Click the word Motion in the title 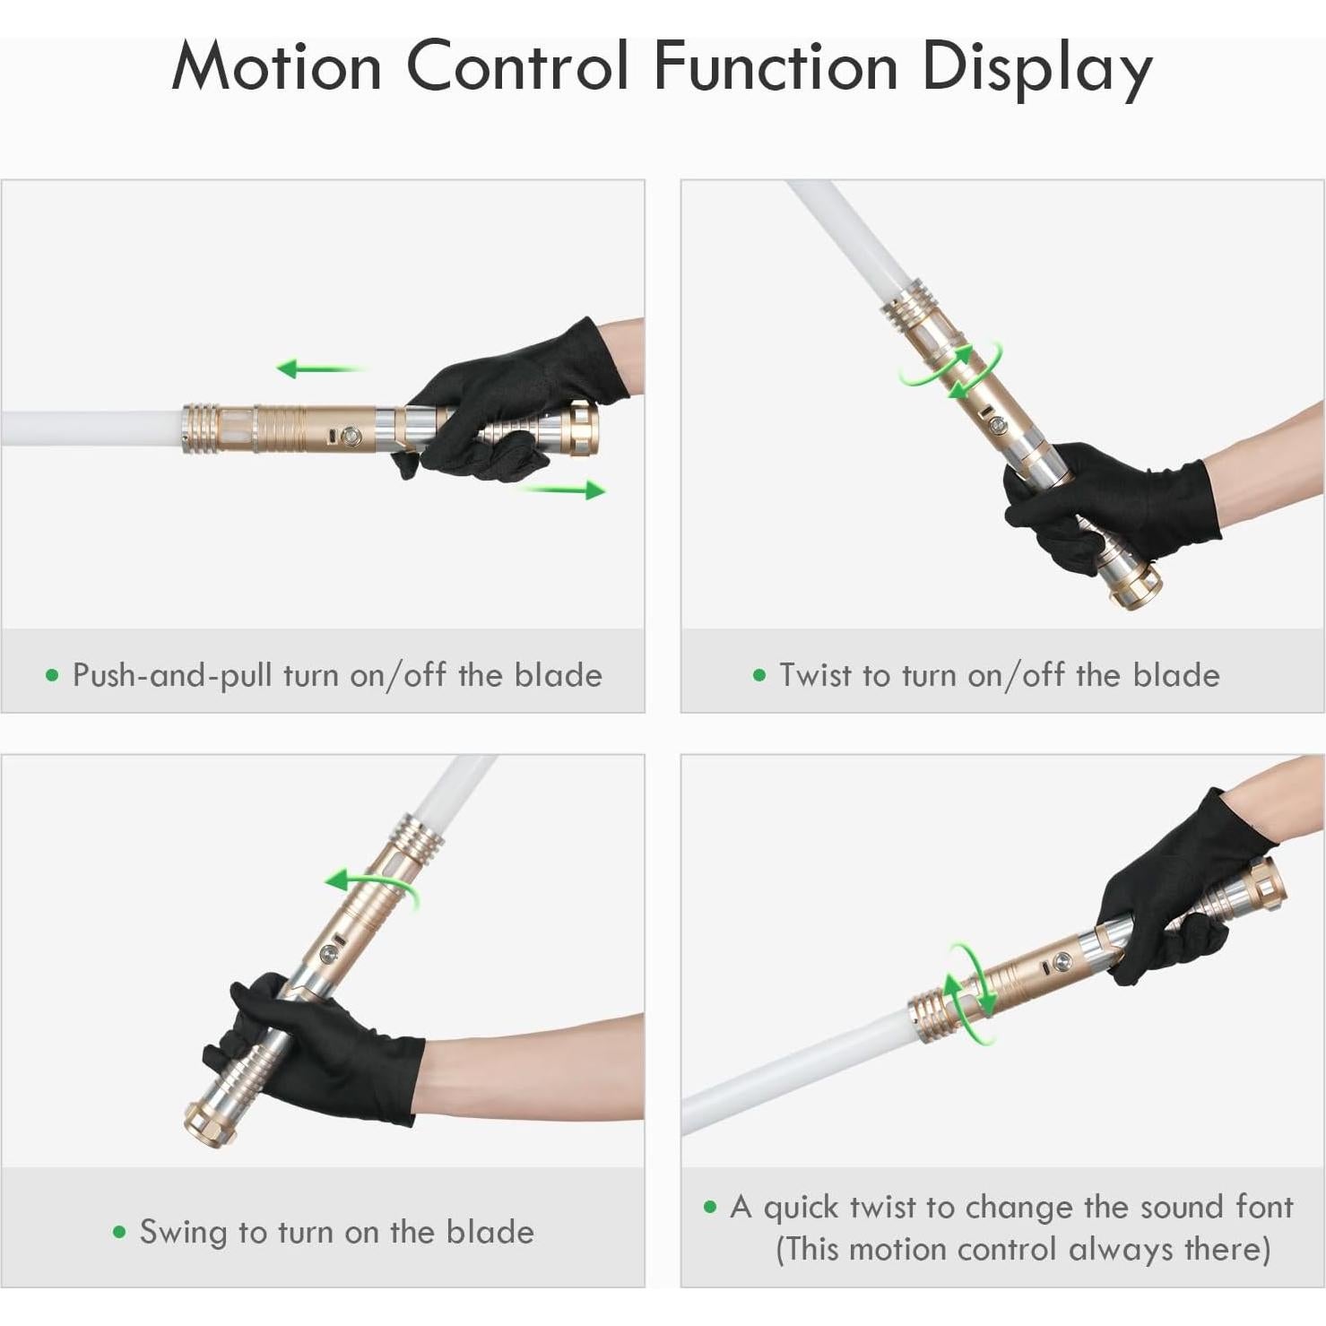click(x=276, y=66)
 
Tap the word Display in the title click(x=1036, y=68)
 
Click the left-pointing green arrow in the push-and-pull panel click(x=318, y=368)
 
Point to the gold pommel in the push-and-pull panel click(x=582, y=428)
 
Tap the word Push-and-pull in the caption click(x=172, y=675)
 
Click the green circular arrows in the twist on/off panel click(x=951, y=370)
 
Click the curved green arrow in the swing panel click(x=370, y=888)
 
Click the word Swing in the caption click(x=184, y=1232)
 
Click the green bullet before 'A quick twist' click(x=711, y=1208)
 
